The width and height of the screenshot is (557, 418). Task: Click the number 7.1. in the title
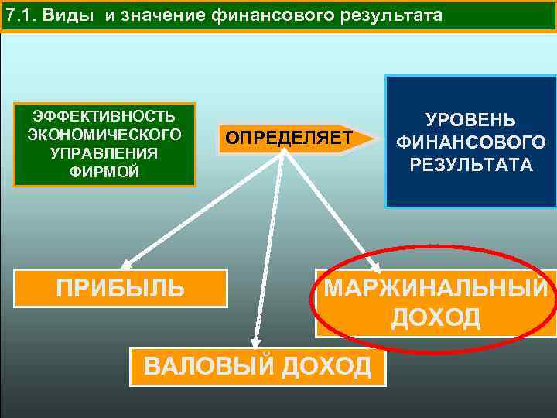pyautogui.click(x=20, y=15)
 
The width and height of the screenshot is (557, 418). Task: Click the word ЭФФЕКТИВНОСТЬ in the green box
pyautogui.click(x=104, y=117)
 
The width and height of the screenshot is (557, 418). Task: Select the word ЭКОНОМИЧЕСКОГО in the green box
pyautogui.click(x=104, y=135)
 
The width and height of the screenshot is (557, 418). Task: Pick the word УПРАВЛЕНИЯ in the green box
pyautogui.click(x=104, y=152)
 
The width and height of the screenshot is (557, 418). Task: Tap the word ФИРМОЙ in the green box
pyautogui.click(x=104, y=170)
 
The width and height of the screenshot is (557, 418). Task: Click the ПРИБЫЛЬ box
pyautogui.click(x=121, y=289)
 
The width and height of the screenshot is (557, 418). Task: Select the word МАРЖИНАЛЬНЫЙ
pyautogui.click(x=436, y=289)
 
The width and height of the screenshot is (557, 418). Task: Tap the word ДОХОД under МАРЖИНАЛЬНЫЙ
pyautogui.click(x=436, y=317)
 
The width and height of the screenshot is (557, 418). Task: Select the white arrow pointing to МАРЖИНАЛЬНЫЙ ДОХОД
pyautogui.click(x=333, y=209)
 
